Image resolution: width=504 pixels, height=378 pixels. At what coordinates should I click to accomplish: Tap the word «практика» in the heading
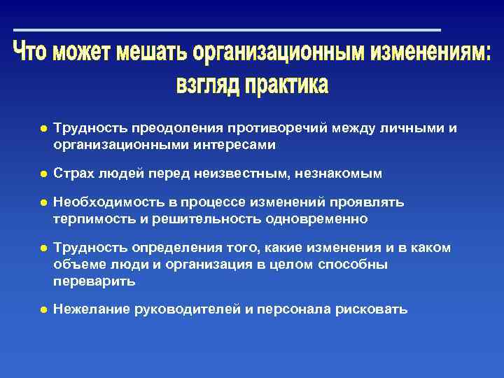(x=285, y=85)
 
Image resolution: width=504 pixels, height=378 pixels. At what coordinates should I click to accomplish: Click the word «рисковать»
(x=372, y=309)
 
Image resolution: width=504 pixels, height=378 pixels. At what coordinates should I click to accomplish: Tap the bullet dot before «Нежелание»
(x=43, y=309)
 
